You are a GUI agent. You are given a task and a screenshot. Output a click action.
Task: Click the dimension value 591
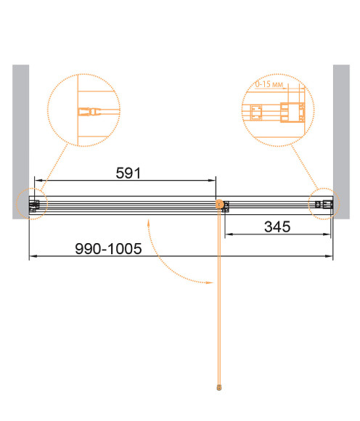point(128,173)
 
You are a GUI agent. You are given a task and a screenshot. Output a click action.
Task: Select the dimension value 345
point(277,227)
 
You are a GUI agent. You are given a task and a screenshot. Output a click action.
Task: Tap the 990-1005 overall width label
point(108,249)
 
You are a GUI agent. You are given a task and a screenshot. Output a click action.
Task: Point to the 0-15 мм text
point(269,84)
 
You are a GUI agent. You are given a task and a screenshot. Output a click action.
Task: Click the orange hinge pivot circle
point(220,204)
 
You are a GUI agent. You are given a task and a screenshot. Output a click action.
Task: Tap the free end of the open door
point(219,388)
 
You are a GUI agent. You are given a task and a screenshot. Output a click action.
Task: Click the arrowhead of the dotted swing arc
point(210,282)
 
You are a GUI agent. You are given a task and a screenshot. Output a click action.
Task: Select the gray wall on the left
point(20,142)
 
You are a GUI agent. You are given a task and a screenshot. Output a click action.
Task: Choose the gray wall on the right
point(341,142)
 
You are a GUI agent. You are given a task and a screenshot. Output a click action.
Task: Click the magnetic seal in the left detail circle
point(89,112)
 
